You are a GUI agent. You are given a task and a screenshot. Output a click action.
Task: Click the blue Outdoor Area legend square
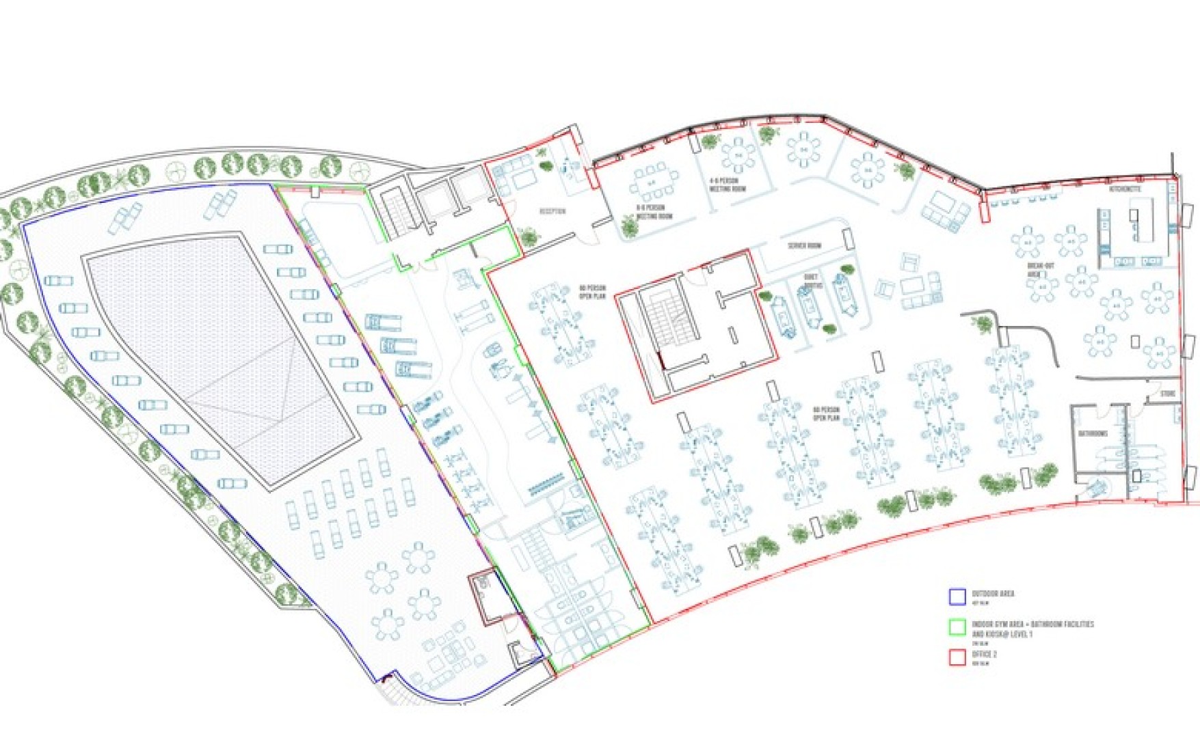click(957, 597)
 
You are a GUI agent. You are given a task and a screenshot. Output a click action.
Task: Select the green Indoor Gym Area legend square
click(957, 627)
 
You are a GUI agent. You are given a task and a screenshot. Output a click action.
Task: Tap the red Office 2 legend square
click(957, 657)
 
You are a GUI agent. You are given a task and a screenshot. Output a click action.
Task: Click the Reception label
click(552, 211)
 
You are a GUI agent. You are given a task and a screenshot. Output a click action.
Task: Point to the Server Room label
click(804, 245)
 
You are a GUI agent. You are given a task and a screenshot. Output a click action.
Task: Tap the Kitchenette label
click(1125, 189)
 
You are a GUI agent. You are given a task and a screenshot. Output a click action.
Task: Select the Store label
click(1168, 394)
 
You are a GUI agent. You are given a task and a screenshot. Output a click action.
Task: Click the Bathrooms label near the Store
click(1093, 433)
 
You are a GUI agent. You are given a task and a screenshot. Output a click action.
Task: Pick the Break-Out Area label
click(1040, 269)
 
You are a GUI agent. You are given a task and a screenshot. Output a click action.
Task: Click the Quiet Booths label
click(812, 282)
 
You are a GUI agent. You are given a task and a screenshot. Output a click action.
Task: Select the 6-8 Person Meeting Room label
click(654, 211)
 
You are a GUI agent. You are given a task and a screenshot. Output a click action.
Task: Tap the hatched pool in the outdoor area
click(219, 355)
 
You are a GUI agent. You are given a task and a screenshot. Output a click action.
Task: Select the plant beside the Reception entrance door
click(529, 237)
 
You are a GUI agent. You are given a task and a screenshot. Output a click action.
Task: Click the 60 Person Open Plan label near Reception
click(592, 292)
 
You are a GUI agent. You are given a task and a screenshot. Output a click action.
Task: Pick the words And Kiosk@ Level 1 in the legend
click(1002, 634)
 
